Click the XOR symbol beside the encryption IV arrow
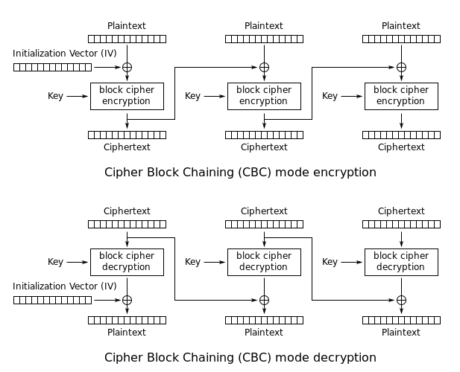point(127,67)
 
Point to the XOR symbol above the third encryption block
point(401,67)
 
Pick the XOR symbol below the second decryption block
point(264,300)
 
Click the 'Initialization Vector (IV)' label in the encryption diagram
point(65,54)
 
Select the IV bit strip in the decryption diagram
point(52,300)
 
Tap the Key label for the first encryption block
point(55,96)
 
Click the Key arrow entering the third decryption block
point(351,262)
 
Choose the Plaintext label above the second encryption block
point(264,26)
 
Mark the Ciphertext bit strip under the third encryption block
point(401,135)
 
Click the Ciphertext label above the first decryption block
point(127,211)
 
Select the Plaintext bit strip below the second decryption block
point(264,320)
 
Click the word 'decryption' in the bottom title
point(345,358)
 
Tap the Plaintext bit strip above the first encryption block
point(127,39)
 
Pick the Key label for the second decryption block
point(192,262)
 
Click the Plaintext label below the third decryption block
point(401,332)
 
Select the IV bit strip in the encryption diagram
point(52,67)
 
